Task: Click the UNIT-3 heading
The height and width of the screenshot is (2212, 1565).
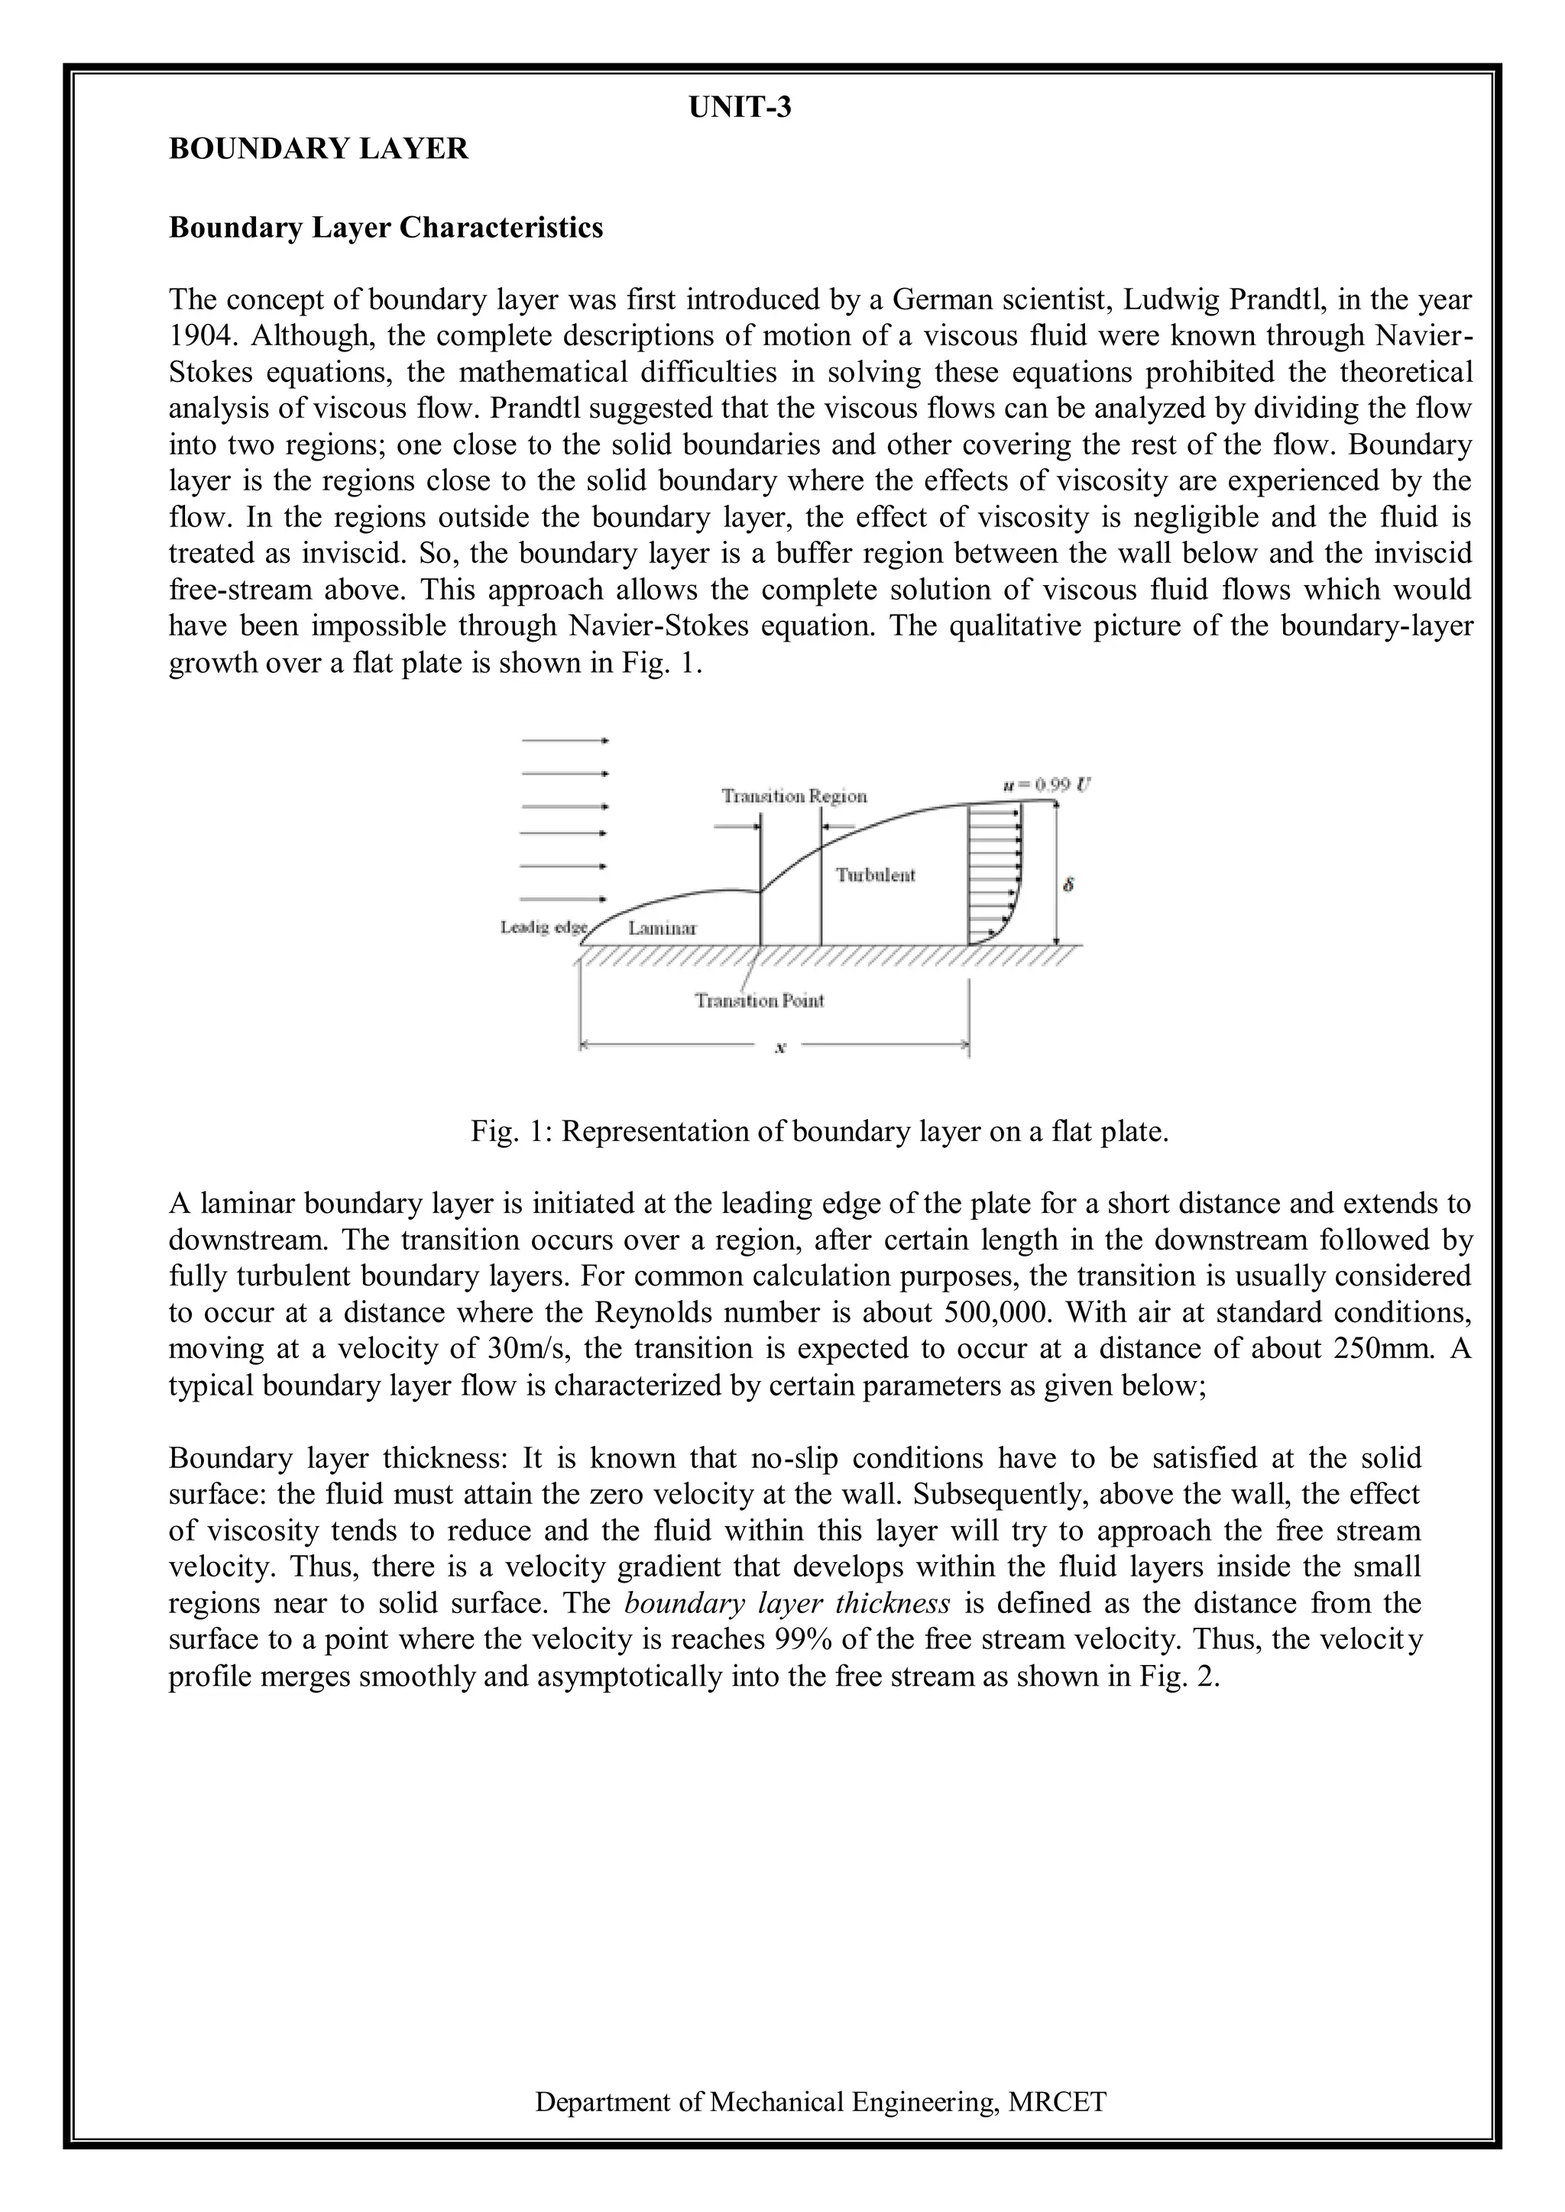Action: tap(740, 108)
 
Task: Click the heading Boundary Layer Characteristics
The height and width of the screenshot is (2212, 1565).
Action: tap(385, 228)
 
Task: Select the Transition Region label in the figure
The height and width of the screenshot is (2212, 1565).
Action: tap(794, 796)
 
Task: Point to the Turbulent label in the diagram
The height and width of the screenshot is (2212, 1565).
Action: tap(874, 875)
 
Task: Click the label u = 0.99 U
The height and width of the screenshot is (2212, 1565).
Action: tap(1045, 784)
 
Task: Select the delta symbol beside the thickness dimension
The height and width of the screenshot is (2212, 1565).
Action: tap(1067, 884)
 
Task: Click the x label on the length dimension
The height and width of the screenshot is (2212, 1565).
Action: tap(780, 1049)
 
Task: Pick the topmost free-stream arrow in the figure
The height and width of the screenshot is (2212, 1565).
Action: tap(565, 741)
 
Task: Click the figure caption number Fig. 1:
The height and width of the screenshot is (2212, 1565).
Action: tap(512, 1131)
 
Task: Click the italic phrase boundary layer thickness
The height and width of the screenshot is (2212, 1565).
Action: tap(787, 1603)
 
